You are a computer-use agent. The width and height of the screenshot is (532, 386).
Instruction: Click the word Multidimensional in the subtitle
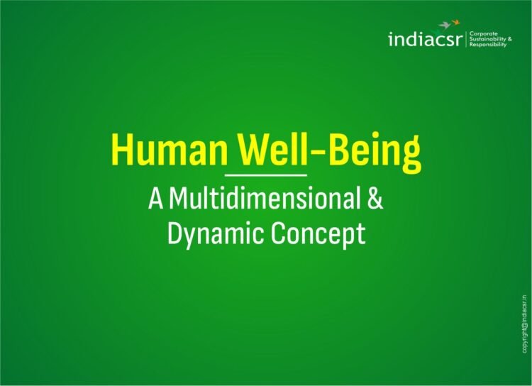(267, 199)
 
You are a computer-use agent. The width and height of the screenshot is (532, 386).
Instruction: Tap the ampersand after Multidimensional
(375, 199)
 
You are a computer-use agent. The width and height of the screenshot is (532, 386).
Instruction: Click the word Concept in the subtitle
(319, 233)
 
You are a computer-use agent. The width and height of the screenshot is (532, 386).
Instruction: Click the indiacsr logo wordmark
(425, 40)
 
